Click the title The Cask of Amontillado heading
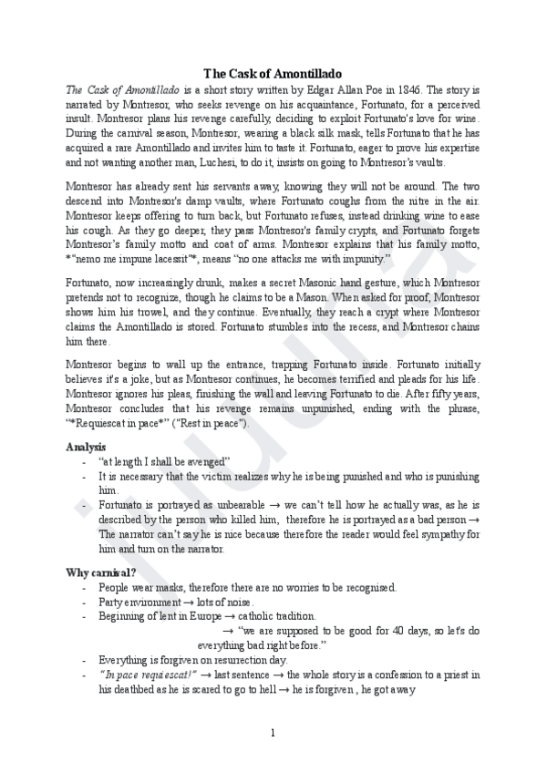tap(273, 74)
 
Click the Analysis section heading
tap(88, 448)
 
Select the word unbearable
tap(248, 504)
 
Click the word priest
tap(450, 674)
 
